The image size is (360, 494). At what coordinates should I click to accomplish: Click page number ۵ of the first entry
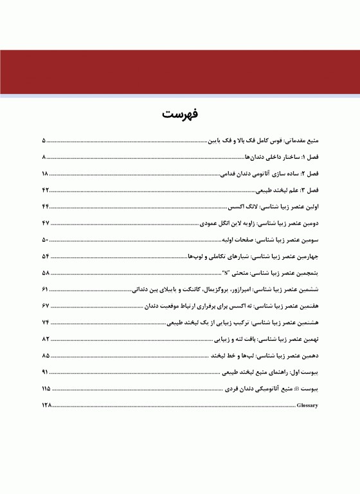(44, 140)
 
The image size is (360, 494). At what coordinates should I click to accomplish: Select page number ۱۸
(45, 174)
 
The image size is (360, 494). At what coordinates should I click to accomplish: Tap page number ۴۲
(46, 191)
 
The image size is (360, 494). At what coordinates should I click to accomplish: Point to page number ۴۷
(46, 223)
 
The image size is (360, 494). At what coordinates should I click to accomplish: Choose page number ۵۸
(46, 273)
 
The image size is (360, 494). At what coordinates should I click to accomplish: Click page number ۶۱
(45, 289)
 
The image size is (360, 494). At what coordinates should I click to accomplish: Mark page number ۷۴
(46, 322)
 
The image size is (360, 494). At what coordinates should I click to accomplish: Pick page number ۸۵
(46, 356)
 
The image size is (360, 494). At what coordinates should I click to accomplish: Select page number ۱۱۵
(46, 389)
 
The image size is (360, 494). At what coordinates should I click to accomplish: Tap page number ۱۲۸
(46, 407)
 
